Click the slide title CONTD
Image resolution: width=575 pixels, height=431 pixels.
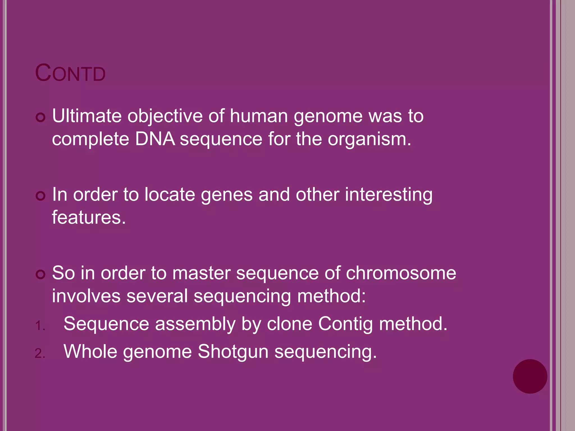tap(70, 73)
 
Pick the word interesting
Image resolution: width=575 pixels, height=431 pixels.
tap(389, 195)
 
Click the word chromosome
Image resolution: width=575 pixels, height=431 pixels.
tap(401, 273)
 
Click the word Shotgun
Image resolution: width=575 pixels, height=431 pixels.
tap(233, 352)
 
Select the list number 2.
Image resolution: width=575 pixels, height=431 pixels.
tap(40, 354)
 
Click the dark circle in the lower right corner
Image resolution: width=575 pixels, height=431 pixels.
tap(530, 376)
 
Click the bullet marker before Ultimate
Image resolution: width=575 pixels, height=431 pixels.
tap(41, 117)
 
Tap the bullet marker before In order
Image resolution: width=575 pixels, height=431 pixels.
tap(41, 196)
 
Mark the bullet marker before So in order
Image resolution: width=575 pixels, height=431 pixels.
tap(41, 274)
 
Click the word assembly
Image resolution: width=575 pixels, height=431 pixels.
tap(195, 324)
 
